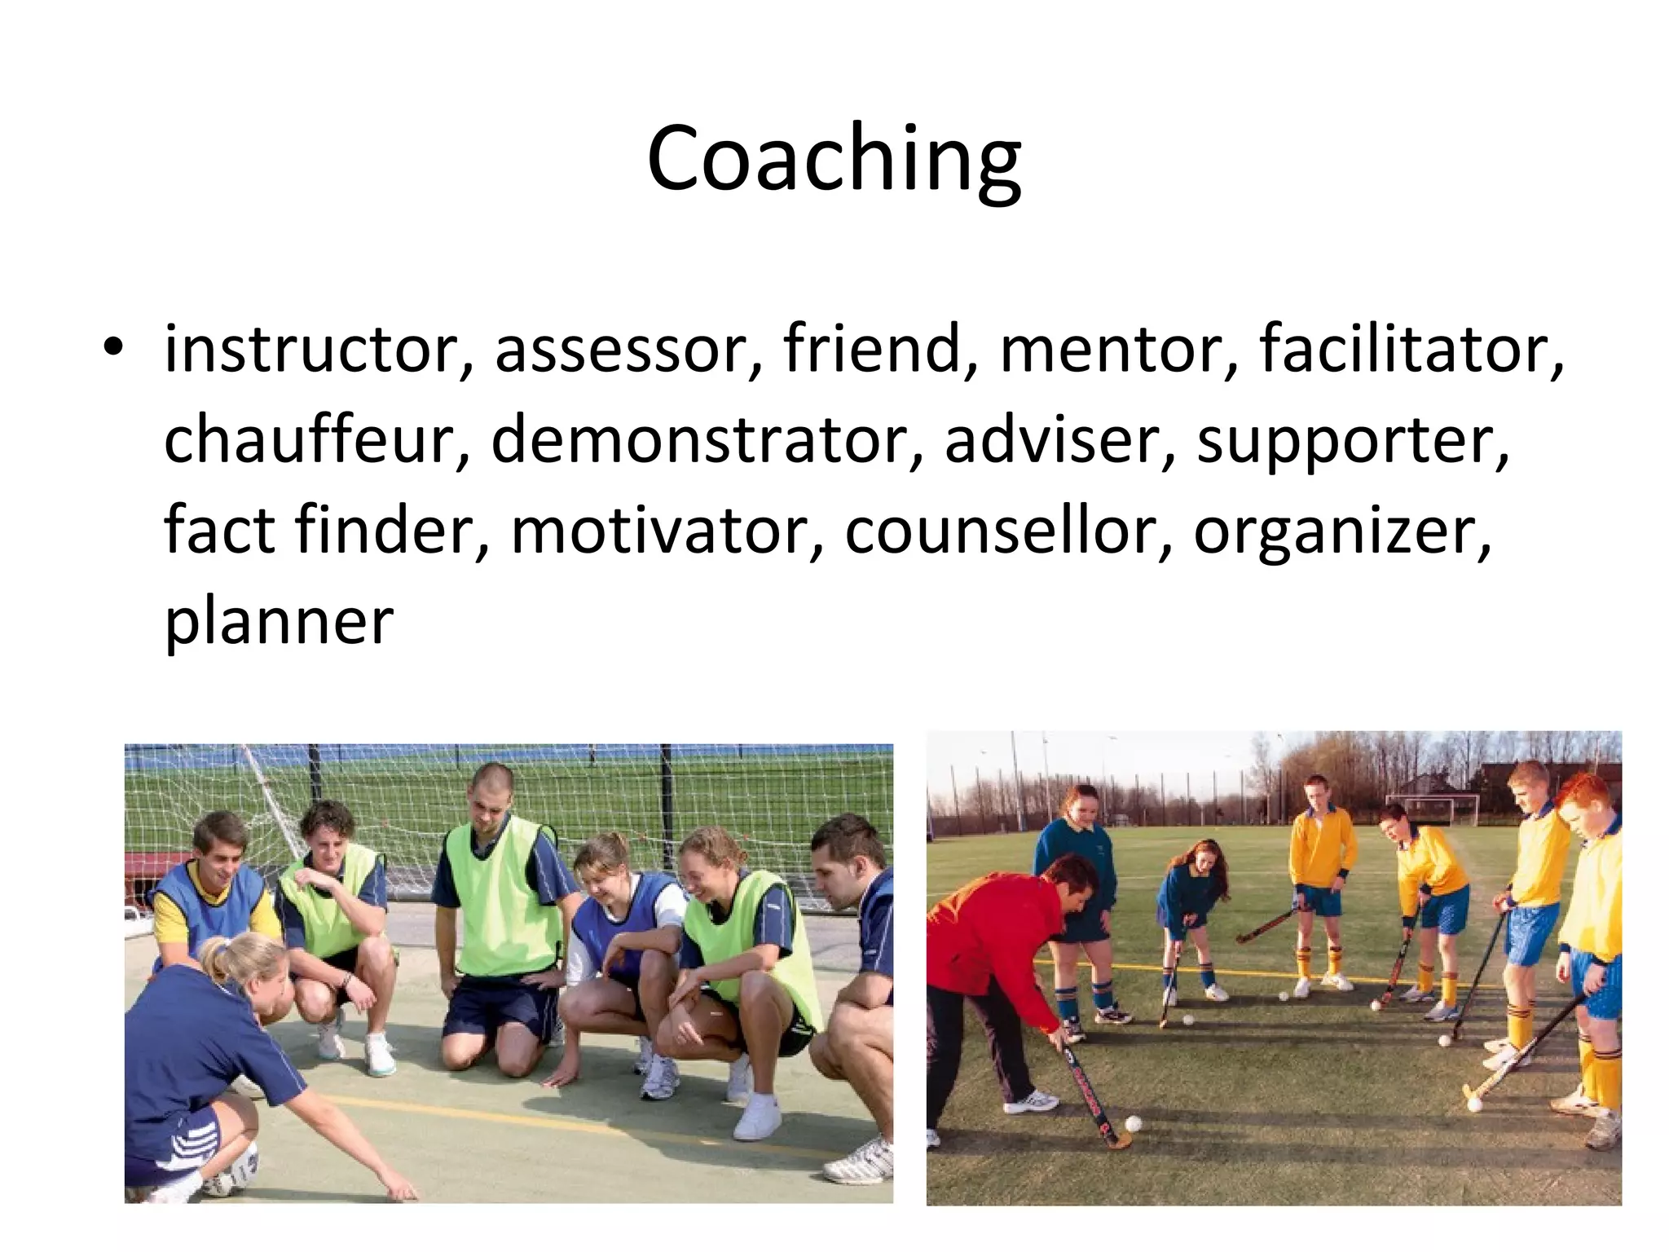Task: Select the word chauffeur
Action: tap(317, 440)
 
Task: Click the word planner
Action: tap(280, 622)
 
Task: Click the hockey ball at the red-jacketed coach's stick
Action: tap(1133, 1124)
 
